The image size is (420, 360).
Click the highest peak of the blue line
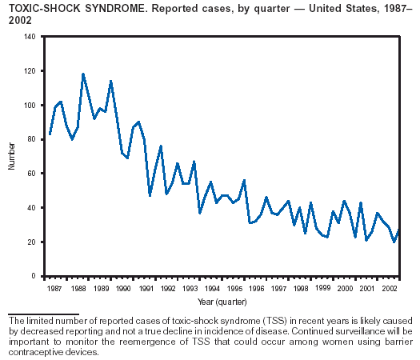pos(83,74)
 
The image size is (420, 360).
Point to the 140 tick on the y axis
pos(42,36)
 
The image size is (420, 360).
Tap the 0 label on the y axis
pos(34,276)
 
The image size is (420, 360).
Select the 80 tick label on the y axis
pos(31,139)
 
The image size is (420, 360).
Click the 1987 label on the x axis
pos(54,289)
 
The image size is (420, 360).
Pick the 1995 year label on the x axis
pos(234,289)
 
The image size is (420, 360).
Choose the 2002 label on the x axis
pos(389,289)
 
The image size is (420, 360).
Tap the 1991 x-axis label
pos(146,289)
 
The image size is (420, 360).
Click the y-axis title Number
pos(11,156)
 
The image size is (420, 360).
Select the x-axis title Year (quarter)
pos(222,302)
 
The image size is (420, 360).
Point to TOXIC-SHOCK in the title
pos(45,9)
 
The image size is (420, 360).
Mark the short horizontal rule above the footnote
pos(44,314)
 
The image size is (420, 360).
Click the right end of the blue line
pos(399,230)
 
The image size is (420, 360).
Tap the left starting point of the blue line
pos(50,134)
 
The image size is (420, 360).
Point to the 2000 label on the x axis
pos(345,289)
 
